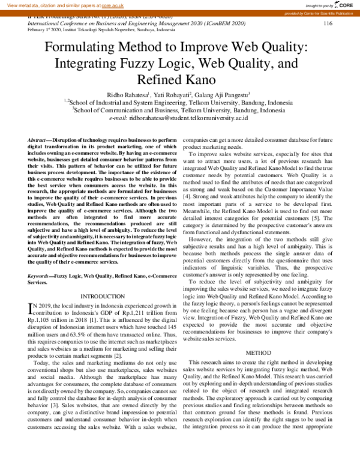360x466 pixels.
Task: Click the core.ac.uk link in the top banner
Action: click(x=113, y=4)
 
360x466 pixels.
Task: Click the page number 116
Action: click(x=328, y=23)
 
